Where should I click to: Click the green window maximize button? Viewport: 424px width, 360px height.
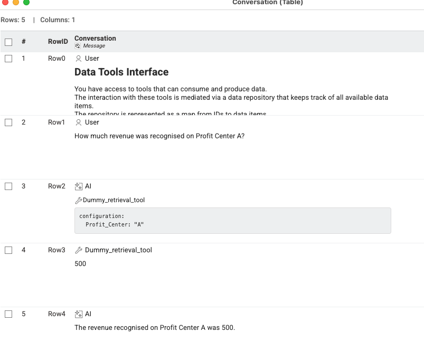pos(26,2)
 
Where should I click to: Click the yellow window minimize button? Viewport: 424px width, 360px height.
pos(16,2)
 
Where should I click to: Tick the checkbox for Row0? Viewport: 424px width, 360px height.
pos(8,59)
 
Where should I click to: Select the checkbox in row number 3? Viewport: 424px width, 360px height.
pos(8,186)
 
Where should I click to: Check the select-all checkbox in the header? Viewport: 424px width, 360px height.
pos(8,42)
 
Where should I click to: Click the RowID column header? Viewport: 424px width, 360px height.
pos(58,42)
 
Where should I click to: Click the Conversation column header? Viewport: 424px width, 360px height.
pos(95,39)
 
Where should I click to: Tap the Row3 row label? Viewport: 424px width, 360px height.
pos(56,250)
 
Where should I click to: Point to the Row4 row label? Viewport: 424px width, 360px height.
pos(56,314)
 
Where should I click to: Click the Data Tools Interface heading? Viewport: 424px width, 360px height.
pos(121,72)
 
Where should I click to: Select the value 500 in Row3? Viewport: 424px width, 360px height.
pos(80,264)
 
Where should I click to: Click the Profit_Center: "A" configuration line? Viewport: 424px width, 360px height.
pos(115,225)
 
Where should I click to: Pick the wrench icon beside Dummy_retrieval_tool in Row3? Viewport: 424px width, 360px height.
pos(79,250)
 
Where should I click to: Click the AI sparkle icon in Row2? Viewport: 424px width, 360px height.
pos(79,186)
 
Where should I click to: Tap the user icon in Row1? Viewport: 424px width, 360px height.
pos(79,122)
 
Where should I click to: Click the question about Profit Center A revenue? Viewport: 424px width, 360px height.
pos(159,136)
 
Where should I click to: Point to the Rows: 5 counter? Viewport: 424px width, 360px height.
pos(13,20)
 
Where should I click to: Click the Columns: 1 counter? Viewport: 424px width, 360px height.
pos(58,20)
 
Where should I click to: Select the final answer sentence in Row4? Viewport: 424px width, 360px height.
pos(155,328)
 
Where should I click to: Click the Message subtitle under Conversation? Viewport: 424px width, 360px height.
pos(93,46)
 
